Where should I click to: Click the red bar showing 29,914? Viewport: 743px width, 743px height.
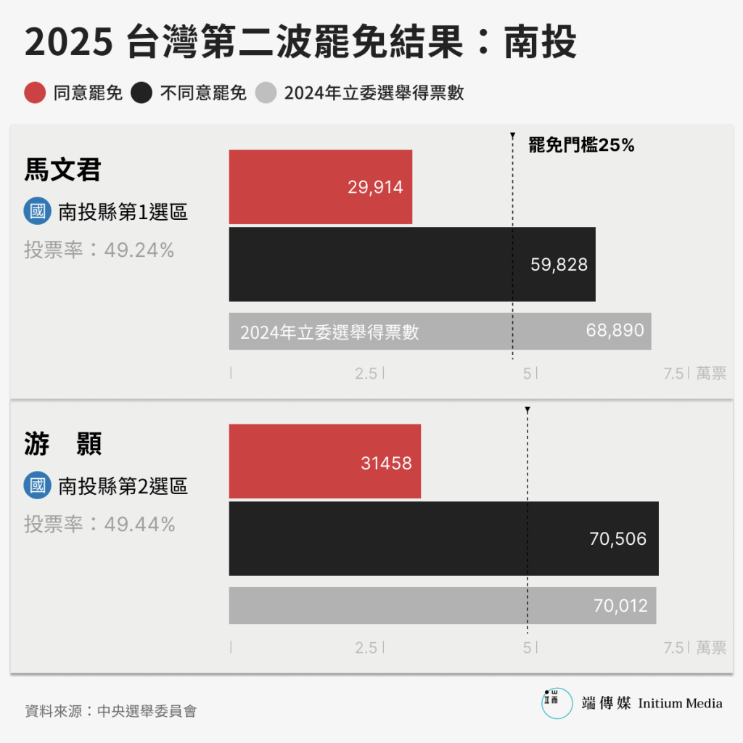tap(320, 186)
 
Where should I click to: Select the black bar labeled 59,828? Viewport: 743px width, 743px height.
tap(412, 264)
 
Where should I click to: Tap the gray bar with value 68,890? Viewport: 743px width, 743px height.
tap(440, 332)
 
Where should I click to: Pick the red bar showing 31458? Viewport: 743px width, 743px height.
tap(324, 461)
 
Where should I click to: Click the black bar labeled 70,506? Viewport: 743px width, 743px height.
tap(443, 538)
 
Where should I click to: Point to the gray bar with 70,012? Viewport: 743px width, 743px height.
tap(442, 605)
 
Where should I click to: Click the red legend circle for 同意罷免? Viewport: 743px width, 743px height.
tap(35, 93)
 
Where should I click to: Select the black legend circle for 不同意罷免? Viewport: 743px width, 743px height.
tap(141, 93)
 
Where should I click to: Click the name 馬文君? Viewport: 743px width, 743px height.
tap(62, 170)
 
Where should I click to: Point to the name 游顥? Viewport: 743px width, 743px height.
tap(62, 444)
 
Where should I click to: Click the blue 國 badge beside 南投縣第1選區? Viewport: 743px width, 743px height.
tap(37, 212)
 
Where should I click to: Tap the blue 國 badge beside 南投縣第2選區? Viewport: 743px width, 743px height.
tap(37, 485)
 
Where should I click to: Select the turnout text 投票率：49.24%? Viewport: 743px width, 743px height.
tap(99, 250)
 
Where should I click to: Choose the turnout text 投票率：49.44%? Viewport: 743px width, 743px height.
tap(99, 524)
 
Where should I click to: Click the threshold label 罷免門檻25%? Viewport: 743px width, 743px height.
tap(581, 145)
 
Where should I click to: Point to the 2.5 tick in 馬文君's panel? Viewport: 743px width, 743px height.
tap(366, 374)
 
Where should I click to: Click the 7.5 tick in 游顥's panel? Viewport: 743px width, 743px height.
tap(674, 648)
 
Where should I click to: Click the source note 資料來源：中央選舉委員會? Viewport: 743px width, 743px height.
tap(110, 710)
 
